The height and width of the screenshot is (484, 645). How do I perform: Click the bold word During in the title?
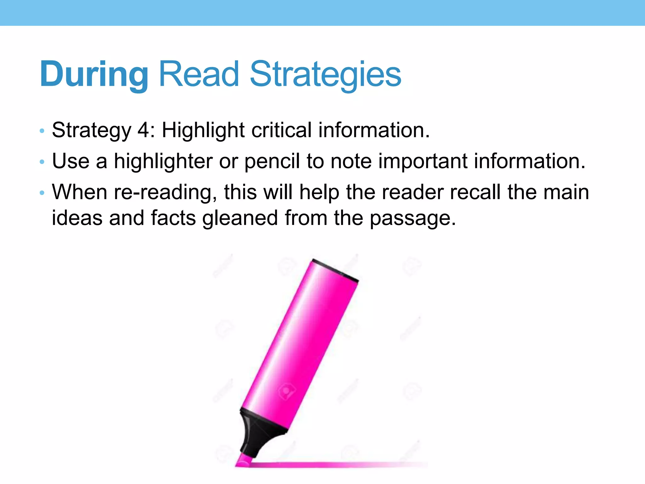tap(94, 75)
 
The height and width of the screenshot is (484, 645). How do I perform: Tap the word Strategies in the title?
tap(325, 75)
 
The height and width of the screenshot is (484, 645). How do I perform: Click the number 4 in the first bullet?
tap(144, 130)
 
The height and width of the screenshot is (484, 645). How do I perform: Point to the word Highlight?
tap(203, 130)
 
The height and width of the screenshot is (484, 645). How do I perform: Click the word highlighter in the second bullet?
tap(163, 161)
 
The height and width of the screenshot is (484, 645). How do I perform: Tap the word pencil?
tap(272, 161)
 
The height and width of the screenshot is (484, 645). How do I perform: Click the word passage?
tap(413, 218)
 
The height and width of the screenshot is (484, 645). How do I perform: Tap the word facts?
tap(173, 218)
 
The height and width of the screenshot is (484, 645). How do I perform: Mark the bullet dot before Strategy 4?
tap(42, 131)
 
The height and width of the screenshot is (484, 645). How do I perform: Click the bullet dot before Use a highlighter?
tap(42, 162)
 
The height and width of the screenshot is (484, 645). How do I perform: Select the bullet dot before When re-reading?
tap(42, 193)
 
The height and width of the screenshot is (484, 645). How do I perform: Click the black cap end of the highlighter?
tap(335, 270)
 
